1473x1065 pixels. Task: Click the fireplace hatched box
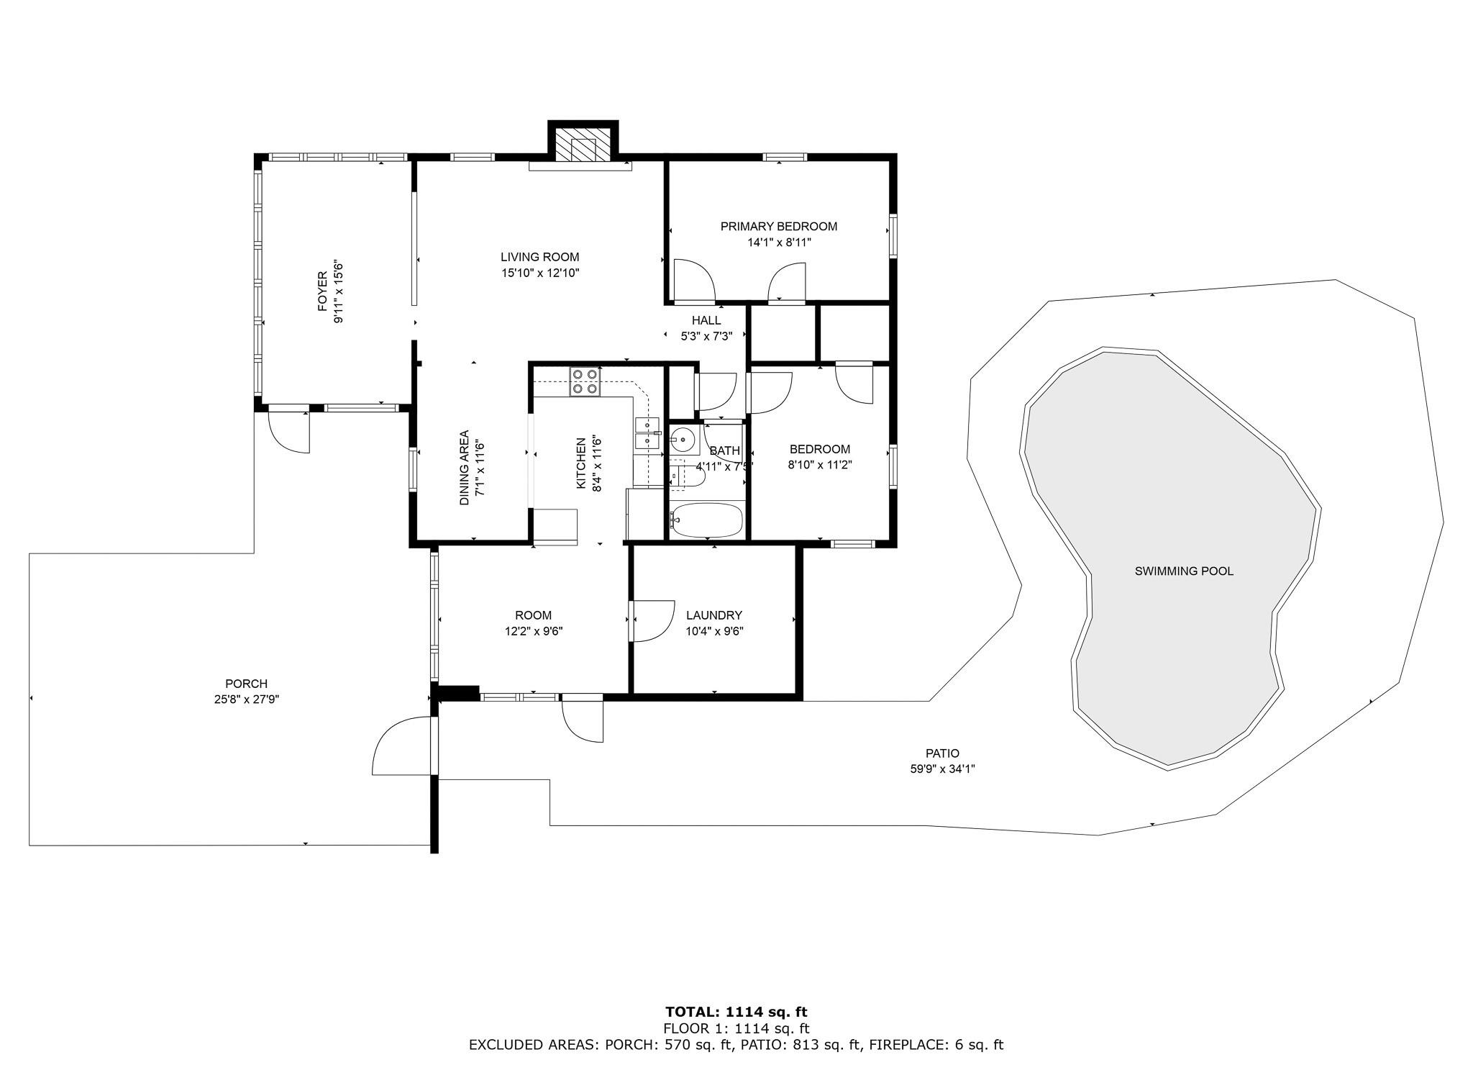pos(583,148)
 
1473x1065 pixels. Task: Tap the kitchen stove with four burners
pos(584,382)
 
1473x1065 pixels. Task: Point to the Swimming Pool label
pos(1184,571)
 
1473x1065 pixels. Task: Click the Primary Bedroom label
pos(779,227)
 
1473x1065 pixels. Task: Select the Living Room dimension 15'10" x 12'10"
pos(540,273)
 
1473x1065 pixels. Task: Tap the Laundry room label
pos(714,615)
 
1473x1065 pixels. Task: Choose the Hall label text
pos(706,320)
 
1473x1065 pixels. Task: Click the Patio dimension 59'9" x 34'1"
pos(942,769)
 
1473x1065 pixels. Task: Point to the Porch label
pos(247,684)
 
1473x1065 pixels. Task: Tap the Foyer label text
pos(322,291)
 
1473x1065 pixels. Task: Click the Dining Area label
pos(464,468)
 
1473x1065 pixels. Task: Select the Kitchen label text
pos(581,463)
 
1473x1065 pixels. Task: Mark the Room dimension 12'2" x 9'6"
pos(534,631)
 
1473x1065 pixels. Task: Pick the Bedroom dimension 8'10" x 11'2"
pos(820,465)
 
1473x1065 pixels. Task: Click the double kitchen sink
pos(647,433)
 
